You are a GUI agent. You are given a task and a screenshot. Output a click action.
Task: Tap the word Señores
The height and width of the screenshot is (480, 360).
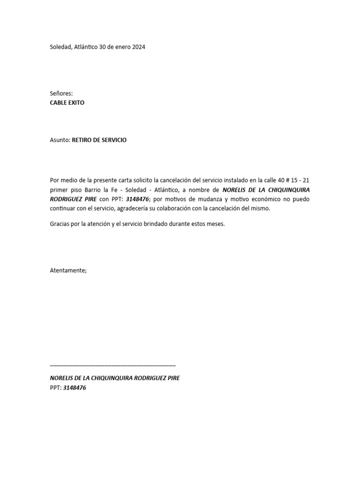coord(61,94)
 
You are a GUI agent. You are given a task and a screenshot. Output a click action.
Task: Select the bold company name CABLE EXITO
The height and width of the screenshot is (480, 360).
coord(67,103)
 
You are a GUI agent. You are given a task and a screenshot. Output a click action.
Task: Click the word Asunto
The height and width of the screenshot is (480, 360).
coord(60,140)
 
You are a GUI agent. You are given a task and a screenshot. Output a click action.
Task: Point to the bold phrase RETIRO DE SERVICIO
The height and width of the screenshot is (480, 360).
coord(99,140)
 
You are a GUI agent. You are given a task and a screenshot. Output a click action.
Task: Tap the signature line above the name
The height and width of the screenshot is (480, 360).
coord(112,364)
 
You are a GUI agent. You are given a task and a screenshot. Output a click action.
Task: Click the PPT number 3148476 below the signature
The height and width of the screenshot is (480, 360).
coord(75,388)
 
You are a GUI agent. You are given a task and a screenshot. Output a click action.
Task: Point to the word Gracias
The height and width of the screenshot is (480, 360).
coord(60,224)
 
